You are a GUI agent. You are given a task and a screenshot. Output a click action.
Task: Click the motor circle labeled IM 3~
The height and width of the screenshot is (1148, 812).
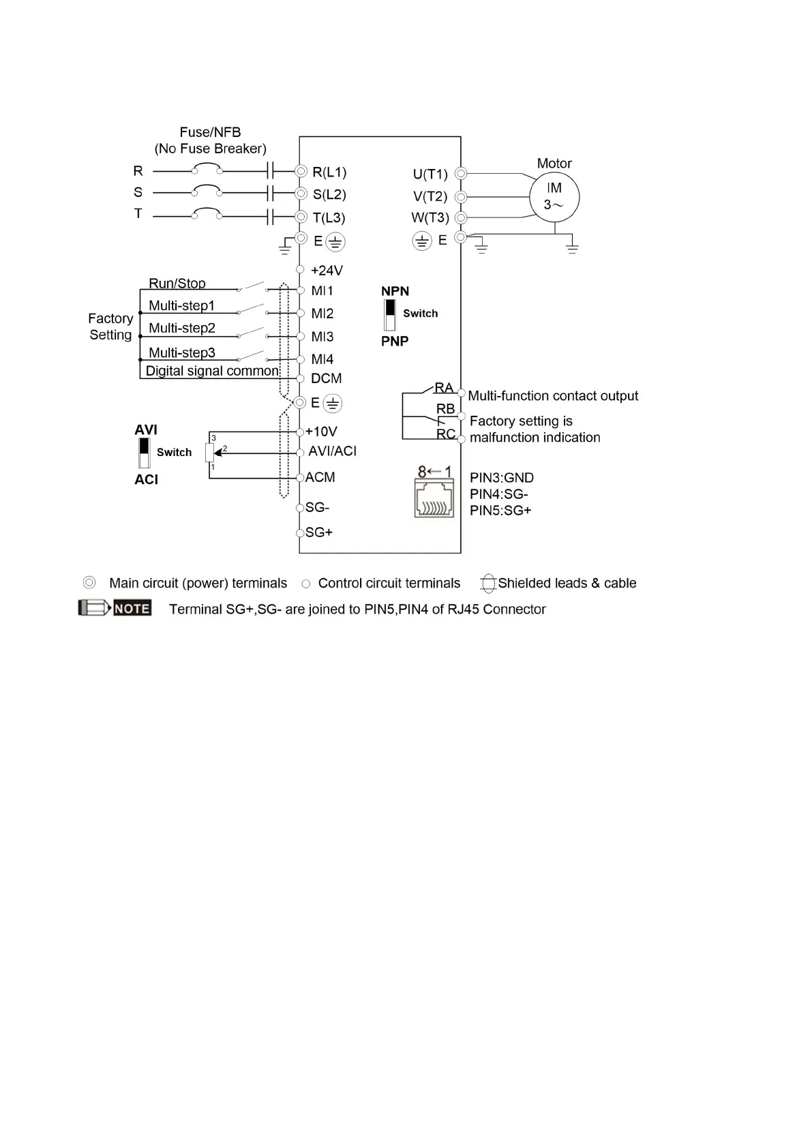coord(554,197)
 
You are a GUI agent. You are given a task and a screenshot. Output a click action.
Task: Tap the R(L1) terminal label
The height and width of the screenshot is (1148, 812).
coord(329,172)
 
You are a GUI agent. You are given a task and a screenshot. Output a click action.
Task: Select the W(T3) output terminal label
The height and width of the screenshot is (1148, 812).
coord(430,218)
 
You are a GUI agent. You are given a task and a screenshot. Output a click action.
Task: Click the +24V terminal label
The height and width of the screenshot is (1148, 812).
coord(327,271)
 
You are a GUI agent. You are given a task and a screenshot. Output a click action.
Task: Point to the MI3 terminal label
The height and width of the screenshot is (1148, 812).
coord(322,337)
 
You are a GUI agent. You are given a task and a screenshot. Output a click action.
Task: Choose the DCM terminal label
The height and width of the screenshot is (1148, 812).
coord(326,378)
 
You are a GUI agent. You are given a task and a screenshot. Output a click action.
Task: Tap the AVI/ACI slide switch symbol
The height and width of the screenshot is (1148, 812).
coord(144,453)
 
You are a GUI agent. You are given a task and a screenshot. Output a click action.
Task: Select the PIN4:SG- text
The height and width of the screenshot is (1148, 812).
coord(498,494)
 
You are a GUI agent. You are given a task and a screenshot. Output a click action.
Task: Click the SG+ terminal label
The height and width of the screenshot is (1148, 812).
coord(319,532)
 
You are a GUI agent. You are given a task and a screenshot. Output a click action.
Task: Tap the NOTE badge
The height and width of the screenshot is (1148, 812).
coord(132,608)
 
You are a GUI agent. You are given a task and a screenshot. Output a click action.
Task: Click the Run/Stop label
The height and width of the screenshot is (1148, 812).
coord(177,284)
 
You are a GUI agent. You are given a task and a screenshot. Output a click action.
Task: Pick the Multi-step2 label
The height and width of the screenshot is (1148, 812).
coord(182,329)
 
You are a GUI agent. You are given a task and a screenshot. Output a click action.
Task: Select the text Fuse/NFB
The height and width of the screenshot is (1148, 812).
coord(210,132)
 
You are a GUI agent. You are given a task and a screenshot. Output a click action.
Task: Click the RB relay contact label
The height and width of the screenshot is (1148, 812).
coord(445,409)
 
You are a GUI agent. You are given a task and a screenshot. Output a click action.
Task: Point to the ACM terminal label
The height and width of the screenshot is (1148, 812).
coord(320,477)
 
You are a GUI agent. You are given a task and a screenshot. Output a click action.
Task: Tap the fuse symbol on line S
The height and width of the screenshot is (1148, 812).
coord(207,190)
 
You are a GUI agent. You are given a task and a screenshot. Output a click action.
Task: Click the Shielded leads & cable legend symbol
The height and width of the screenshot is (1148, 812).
coord(487,584)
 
